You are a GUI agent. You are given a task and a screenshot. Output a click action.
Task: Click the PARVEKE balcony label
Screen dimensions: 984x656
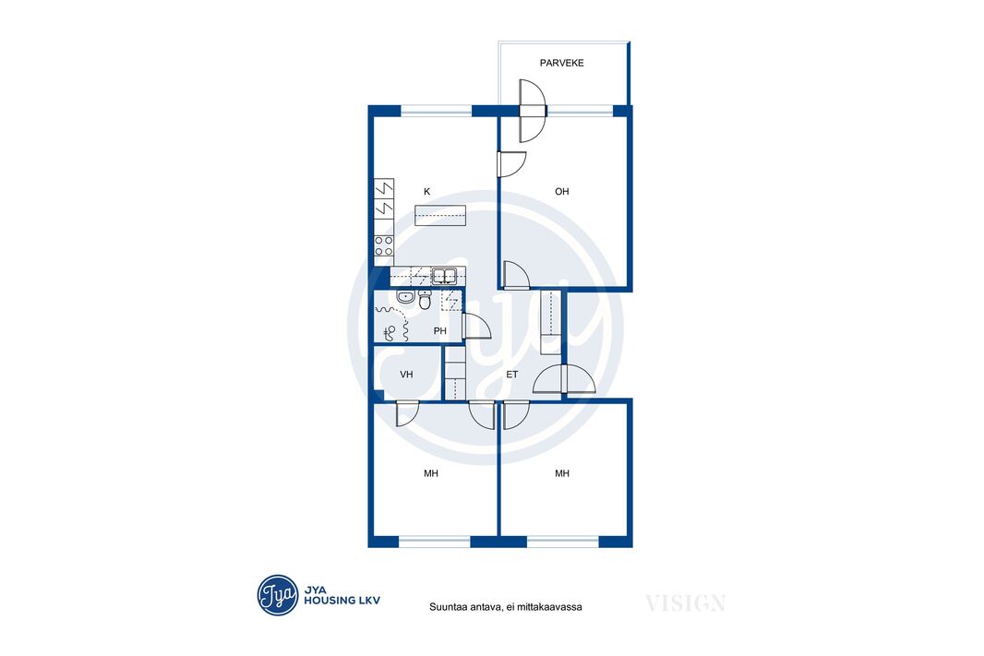561,63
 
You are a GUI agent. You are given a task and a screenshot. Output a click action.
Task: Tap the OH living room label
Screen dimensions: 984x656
561,191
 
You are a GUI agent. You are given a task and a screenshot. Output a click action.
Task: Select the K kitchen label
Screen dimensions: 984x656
427,191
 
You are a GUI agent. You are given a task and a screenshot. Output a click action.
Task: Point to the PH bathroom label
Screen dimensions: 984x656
440,330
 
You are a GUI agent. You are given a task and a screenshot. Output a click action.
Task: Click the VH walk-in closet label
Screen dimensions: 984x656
407,375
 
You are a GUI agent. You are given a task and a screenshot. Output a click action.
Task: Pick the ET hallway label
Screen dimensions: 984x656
512,375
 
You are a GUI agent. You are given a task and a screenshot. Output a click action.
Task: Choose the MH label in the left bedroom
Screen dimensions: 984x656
430,473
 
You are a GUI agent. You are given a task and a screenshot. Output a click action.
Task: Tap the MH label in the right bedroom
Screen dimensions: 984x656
561,473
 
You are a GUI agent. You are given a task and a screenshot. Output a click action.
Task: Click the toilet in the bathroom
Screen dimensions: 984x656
425,301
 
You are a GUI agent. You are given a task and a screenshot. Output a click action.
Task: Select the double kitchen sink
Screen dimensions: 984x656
444,275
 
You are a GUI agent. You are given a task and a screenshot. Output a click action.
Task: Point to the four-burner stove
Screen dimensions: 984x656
384,245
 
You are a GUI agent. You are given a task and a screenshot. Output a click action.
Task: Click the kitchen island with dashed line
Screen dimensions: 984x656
440,215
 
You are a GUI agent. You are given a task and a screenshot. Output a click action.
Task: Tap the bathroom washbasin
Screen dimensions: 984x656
405,297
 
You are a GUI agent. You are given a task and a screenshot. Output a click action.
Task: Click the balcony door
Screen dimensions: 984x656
531,111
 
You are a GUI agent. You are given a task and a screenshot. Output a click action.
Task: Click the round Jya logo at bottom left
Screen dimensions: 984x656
277,594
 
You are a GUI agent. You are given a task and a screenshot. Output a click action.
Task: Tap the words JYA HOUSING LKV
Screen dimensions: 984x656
342,595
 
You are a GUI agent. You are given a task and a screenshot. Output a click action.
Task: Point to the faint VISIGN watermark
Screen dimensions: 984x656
685,603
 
